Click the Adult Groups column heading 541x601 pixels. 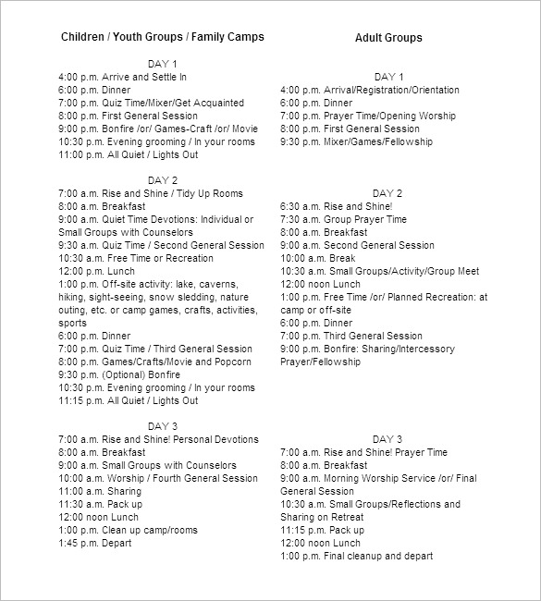click(x=388, y=38)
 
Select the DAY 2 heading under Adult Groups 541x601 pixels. click(x=388, y=193)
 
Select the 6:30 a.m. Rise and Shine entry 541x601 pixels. click(x=336, y=206)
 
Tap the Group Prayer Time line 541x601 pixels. click(x=343, y=219)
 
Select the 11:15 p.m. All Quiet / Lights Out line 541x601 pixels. click(x=128, y=400)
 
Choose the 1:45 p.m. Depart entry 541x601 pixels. click(x=94, y=543)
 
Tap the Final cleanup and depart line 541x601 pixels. click(x=356, y=556)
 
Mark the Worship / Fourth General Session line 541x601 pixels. click(x=158, y=478)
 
